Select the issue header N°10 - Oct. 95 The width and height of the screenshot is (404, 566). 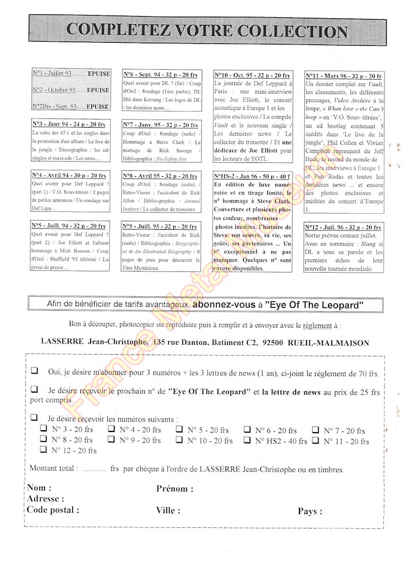coord(252,75)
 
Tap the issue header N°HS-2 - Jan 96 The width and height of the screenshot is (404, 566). coord(252,176)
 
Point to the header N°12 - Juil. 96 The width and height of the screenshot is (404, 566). coord(343,227)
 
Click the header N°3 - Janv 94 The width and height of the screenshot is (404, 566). coord(69,124)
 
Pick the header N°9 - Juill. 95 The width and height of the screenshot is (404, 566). coord(160,226)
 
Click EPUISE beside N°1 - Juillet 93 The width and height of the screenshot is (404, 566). coord(98,74)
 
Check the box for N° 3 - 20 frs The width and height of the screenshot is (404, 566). coord(43,430)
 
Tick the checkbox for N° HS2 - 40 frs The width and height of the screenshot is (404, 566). coord(247,440)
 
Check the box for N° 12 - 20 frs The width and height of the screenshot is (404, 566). coord(43,450)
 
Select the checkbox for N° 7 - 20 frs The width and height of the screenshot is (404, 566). coord(316,430)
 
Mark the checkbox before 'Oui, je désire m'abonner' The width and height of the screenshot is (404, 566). coord(35,371)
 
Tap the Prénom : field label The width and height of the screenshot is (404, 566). coord(175,489)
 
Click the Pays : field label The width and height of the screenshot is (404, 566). coord(310,511)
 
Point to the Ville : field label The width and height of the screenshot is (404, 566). coord(168,511)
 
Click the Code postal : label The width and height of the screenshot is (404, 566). coord(53,510)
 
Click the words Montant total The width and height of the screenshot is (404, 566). coord(52,469)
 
